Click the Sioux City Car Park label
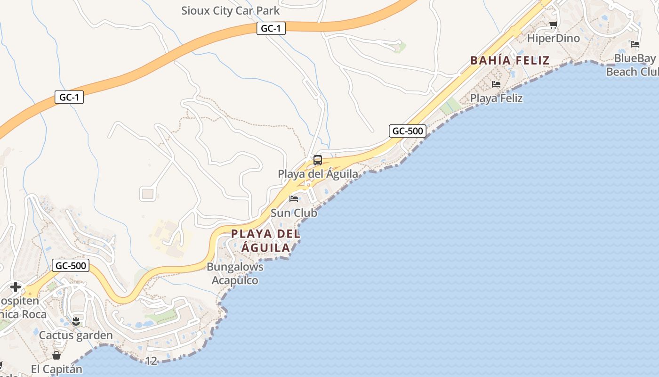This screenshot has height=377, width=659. coord(230,10)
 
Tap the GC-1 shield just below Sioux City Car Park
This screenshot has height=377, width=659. coord(271,28)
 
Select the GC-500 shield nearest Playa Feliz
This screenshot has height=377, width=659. coord(408,131)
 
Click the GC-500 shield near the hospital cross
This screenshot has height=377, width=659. coord(71,265)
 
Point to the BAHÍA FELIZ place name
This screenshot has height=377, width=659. coord(510,60)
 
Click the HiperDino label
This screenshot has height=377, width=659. coord(553,38)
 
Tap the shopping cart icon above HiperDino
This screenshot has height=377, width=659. coord(553,25)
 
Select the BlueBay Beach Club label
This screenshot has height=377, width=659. coord(634,65)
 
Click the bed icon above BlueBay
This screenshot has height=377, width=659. coord(635,45)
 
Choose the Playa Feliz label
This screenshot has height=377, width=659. coord(496,98)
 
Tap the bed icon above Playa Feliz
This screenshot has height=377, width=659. coord(496,84)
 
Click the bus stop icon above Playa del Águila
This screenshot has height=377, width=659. coord(318,160)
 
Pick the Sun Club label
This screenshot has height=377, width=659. coord(294,213)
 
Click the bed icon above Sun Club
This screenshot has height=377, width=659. coord(294,198)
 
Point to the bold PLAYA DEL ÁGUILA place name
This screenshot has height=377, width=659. coord(265,240)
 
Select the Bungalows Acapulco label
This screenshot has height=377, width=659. coord(235,273)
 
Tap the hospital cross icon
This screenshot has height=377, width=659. coord(16,287)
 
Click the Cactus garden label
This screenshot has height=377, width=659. coord(76,335)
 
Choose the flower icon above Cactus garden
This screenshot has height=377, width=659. coord(76,321)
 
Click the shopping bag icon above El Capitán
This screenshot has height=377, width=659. coord(56,355)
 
